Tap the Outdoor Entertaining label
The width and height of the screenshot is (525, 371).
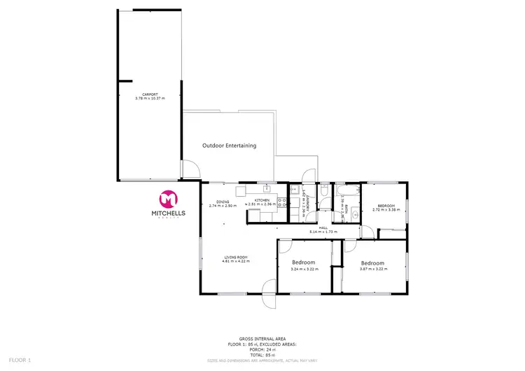click(229, 146)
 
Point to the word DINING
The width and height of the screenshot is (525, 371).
click(223, 202)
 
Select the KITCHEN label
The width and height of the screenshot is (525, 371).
click(262, 201)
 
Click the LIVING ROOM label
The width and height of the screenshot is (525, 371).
click(236, 258)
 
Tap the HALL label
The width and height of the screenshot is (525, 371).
click(324, 226)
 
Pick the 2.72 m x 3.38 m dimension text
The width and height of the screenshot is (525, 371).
click(385, 209)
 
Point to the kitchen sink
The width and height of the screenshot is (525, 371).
click(267, 189)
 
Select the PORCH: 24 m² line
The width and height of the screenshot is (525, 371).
click(262, 349)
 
